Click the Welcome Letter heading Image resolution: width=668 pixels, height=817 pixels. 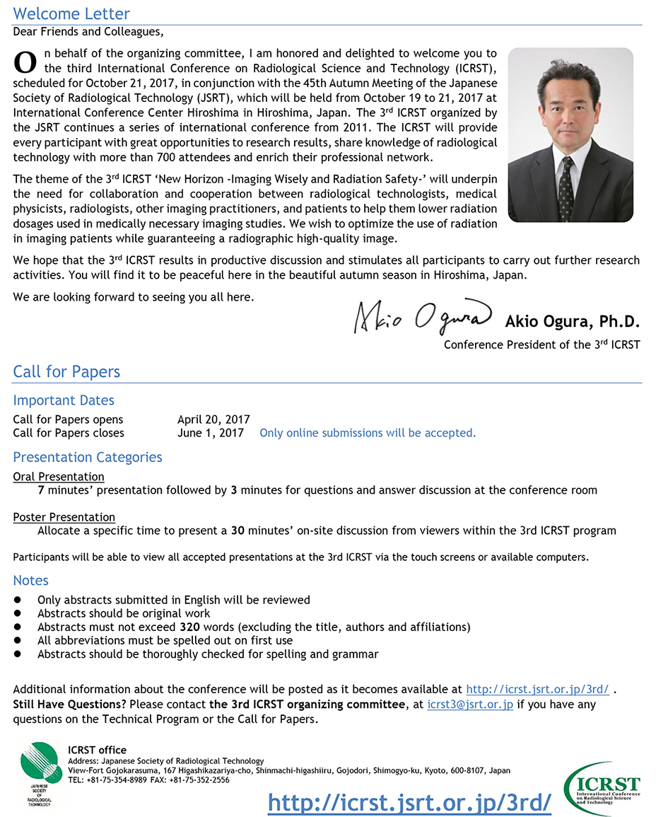[71, 13]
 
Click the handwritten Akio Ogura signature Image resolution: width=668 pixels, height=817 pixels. [423, 319]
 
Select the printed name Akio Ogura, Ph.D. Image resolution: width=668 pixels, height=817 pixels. [572, 322]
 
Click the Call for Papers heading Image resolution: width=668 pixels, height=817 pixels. [66, 372]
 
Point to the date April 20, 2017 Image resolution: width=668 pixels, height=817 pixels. [213, 419]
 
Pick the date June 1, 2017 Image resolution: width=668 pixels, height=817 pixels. [211, 433]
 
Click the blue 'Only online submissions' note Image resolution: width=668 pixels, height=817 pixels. [368, 433]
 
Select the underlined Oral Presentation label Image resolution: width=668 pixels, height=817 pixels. [59, 477]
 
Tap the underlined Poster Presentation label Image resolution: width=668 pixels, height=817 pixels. [64, 517]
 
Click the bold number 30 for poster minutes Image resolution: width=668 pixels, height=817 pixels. [238, 531]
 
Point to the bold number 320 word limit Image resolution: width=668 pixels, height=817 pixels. [189, 627]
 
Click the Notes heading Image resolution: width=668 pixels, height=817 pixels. [30, 581]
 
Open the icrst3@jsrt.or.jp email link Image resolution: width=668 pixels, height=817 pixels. [470, 705]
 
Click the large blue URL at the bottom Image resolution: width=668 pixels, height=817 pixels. [409, 801]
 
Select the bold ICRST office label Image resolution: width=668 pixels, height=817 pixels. [98, 750]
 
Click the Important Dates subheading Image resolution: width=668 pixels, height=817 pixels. [64, 400]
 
